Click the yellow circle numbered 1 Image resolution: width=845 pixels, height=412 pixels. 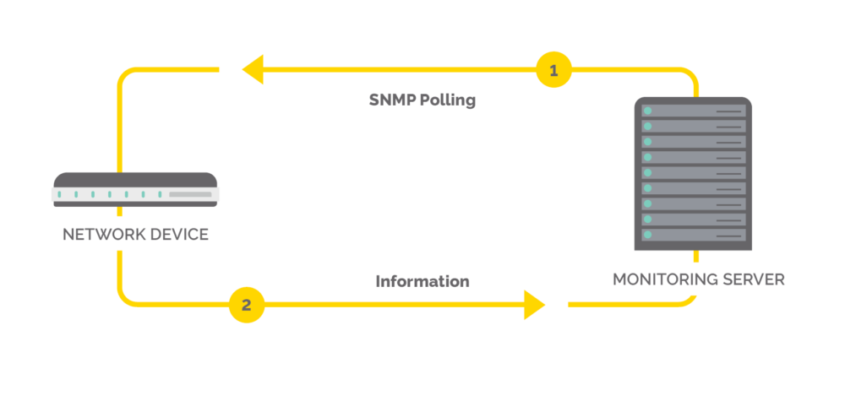[x=553, y=71]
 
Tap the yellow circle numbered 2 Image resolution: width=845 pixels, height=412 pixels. [x=246, y=305]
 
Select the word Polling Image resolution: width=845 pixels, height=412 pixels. [x=449, y=100]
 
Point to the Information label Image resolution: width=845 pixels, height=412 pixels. [x=422, y=281]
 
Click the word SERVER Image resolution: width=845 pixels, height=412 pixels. [x=755, y=279]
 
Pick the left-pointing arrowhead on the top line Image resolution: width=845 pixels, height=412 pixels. [x=252, y=70]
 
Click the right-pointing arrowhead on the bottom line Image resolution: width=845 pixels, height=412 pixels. [x=534, y=305]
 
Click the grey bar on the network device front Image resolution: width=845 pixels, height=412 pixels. [x=190, y=195]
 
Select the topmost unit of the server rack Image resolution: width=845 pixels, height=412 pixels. [x=693, y=111]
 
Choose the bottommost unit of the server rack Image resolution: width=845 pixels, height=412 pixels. [x=693, y=235]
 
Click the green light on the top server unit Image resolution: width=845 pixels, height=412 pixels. [x=648, y=111]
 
